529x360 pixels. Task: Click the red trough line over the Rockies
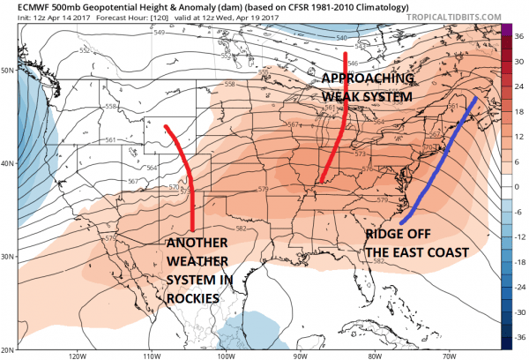coord(190,176)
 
